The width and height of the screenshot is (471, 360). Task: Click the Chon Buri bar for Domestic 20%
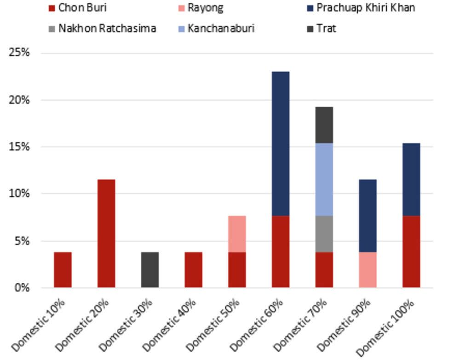tap(106, 233)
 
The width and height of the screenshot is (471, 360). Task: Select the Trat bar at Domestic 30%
tap(150, 269)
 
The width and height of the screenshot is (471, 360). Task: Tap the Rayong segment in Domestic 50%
tap(237, 234)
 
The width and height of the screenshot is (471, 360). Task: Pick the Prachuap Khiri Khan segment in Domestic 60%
tap(281, 143)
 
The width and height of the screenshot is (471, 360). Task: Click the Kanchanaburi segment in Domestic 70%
tap(324, 179)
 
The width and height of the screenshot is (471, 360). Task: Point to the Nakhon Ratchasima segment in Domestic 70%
tap(324, 234)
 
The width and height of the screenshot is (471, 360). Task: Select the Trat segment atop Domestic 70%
tap(324, 125)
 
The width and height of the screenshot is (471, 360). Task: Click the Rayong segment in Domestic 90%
tap(368, 269)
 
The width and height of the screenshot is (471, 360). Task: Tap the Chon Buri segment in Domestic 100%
tap(411, 251)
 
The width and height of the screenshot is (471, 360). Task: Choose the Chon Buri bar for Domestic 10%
tap(63, 269)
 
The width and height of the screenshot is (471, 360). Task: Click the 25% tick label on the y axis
tap(19, 52)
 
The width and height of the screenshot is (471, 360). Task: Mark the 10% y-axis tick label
tap(19, 194)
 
